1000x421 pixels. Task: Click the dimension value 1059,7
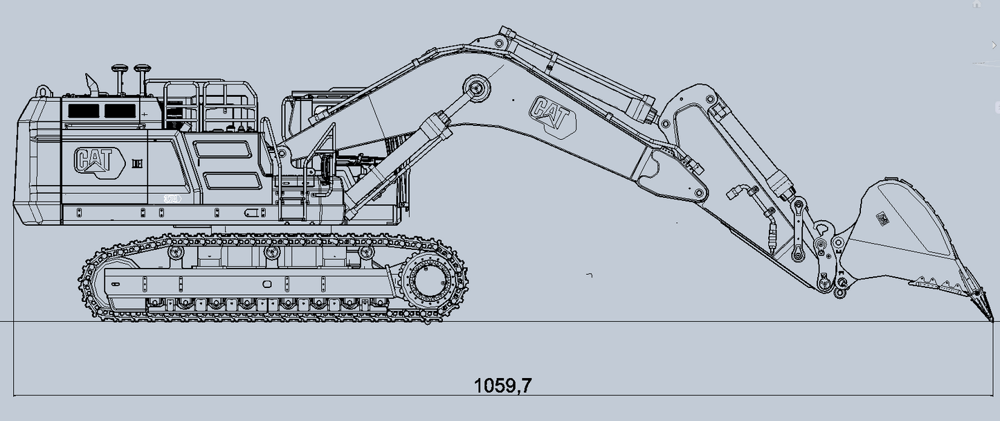[502, 385]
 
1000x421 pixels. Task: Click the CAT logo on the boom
[552, 117]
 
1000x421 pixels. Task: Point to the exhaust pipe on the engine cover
[93, 85]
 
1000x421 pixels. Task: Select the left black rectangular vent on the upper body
[84, 111]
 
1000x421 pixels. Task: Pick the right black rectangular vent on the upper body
[120, 111]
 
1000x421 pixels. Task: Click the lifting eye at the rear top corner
[44, 91]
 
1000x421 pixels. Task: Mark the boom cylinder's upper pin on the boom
[476, 89]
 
